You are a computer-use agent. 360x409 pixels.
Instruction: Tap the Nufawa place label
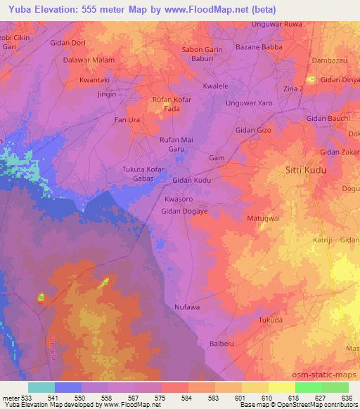pos(187,307)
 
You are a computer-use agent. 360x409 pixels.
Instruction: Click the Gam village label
pos(217,158)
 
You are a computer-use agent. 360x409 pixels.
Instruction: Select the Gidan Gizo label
pos(254,131)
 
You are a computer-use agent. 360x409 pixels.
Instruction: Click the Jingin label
pos(107,93)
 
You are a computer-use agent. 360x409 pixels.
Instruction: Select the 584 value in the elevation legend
pos(188,398)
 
